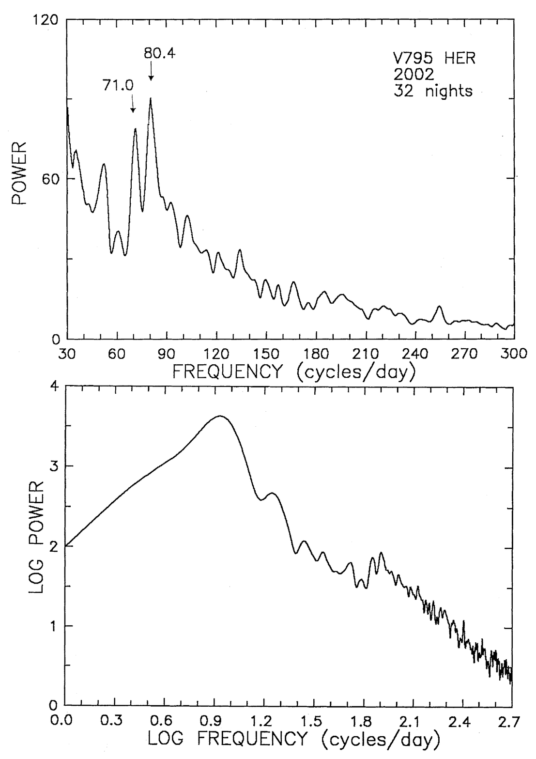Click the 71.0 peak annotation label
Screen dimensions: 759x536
pos(118,85)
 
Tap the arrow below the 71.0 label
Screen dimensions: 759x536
pos(133,104)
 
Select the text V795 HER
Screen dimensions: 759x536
pos(433,59)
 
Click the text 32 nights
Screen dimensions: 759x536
pos(432,91)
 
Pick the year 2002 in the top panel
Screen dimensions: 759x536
pos(413,75)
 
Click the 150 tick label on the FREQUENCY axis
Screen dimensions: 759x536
pos(266,354)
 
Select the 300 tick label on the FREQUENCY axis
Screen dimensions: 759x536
pos(514,354)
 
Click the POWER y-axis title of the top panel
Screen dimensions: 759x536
pos(19,173)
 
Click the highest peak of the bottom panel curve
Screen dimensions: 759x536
pos(220,416)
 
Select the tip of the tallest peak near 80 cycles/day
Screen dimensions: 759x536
pos(151,98)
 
